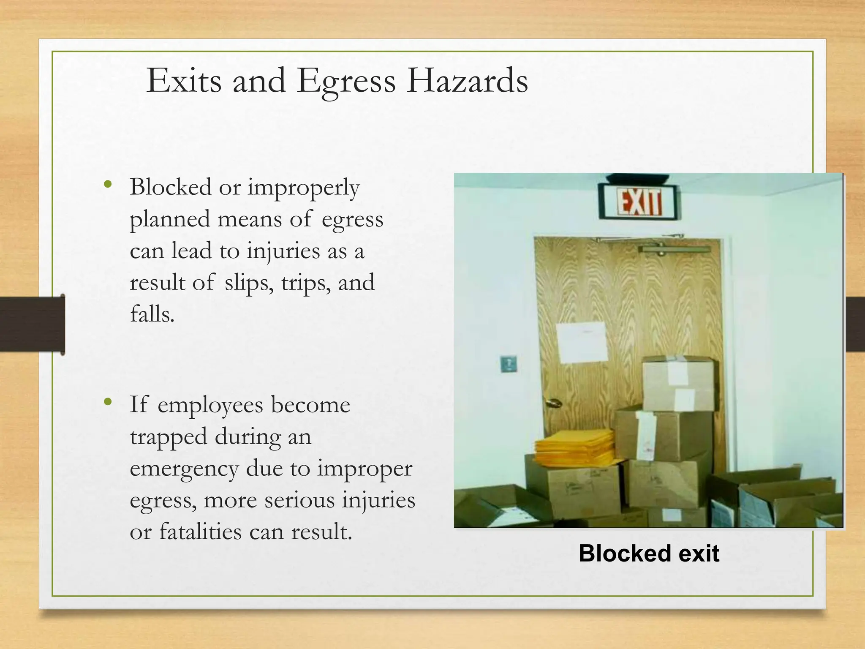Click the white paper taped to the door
tap(581, 342)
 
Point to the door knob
tap(551, 403)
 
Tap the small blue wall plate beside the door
tap(509, 364)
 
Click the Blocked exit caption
tap(649, 553)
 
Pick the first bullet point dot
tap(108, 184)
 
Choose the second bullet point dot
tap(108, 402)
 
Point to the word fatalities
tap(200, 532)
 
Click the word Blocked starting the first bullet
tap(171, 187)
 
